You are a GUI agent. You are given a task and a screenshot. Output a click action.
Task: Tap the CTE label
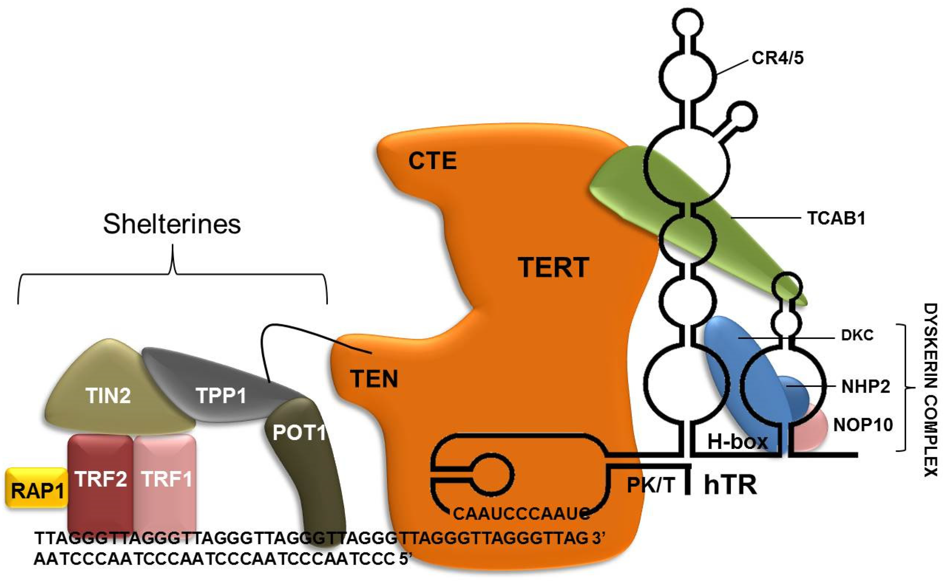(432, 161)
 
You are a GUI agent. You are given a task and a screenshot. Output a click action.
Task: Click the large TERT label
(553, 267)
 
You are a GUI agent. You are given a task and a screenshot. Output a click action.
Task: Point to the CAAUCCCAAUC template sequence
(521, 514)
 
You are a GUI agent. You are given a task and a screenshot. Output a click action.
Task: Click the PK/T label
(651, 485)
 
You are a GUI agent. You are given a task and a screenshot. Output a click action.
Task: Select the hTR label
(730, 485)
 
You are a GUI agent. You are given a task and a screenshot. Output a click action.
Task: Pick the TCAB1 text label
(836, 218)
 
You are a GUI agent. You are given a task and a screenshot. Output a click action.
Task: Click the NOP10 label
(863, 425)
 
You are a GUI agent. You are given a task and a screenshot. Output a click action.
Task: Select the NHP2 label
(866, 386)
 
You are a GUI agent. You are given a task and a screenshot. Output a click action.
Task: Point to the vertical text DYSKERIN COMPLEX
(931, 390)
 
